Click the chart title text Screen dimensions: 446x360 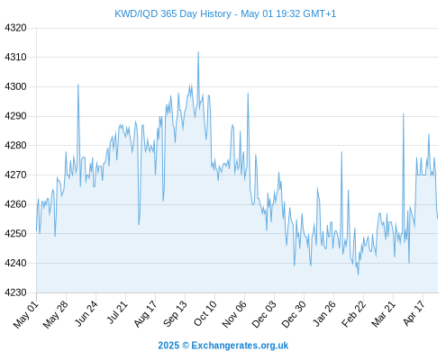225,13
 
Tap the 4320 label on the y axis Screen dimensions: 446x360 15,28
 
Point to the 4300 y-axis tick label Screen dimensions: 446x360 15,86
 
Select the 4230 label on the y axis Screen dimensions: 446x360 15,292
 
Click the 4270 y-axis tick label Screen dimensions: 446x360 15,175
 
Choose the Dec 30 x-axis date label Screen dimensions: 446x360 294,314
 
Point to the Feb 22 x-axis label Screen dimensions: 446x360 354,314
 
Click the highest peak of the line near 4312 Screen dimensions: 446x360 198,52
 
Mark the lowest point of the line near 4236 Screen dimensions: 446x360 358,274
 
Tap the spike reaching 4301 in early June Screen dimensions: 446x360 78,85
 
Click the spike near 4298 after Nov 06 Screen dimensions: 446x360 248,93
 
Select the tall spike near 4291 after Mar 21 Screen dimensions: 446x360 404,113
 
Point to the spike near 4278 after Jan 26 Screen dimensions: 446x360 341,152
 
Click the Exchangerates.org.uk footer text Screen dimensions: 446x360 240,346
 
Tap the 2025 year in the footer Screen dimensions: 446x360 168,346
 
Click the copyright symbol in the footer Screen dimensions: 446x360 186,346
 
